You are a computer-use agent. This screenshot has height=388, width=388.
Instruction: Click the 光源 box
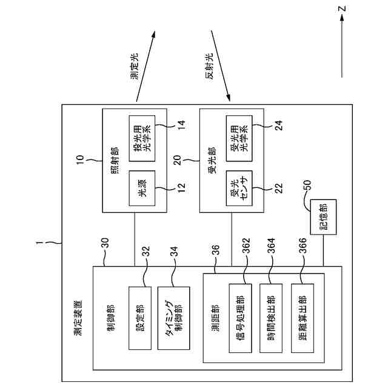(142, 188)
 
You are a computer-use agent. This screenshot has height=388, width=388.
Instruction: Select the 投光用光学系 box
(142, 138)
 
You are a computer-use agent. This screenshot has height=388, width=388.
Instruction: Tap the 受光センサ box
(239, 188)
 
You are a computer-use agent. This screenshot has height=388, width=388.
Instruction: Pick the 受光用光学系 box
(239, 138)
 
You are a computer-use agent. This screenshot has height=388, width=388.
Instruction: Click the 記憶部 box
(323, 217)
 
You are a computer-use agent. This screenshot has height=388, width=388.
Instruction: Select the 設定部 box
(140, 318)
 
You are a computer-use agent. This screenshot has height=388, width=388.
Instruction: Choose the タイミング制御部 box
(174, 318)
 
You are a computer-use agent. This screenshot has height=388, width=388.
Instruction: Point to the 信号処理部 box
(240, 318)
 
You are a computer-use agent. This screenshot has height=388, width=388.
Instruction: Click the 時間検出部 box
(271, 318)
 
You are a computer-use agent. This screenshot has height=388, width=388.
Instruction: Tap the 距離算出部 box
(303, 318)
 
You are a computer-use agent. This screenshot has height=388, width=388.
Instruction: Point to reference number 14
(181, 125)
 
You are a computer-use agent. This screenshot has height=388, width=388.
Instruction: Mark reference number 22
(278, 188)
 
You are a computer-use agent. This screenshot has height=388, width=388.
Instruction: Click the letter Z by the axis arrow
(342, 9)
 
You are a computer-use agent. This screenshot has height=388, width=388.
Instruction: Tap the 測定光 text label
(135, 66)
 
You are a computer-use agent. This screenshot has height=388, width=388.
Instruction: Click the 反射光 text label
(209, 66)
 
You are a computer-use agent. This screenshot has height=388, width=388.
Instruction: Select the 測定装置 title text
(78, 318)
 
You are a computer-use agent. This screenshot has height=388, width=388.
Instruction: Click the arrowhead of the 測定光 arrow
(153, 35)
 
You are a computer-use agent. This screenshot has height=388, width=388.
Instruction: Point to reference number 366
(303, 246)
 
